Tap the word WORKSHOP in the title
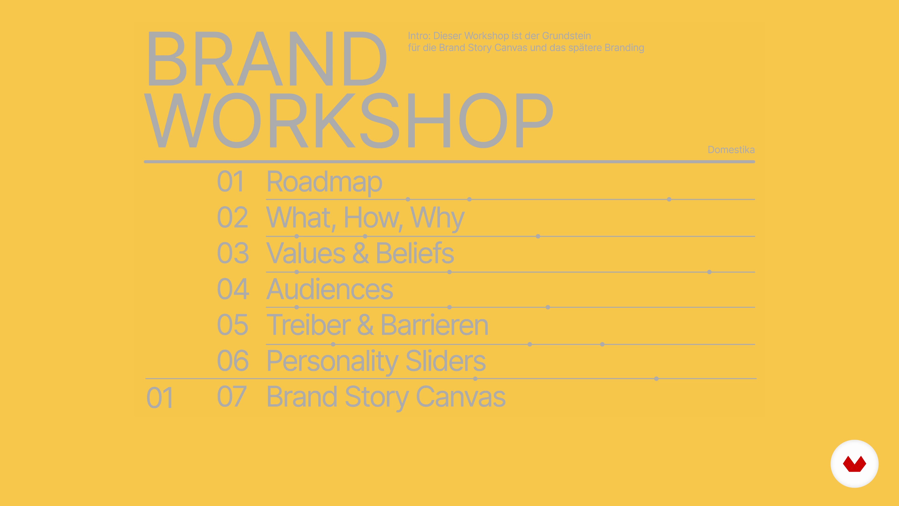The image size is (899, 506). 349,120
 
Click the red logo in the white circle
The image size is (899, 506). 854,464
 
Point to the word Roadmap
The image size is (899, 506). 324,182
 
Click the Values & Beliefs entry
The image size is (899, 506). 360,253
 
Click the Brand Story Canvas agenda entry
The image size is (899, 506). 386,397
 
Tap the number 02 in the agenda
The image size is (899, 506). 232,218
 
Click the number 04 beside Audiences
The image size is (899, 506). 233,289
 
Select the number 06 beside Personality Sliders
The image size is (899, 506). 233,361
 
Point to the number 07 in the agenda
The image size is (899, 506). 232,397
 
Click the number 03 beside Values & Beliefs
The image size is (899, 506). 233,253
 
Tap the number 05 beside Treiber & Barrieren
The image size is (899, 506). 232,325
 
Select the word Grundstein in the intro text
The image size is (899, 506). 566,36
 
